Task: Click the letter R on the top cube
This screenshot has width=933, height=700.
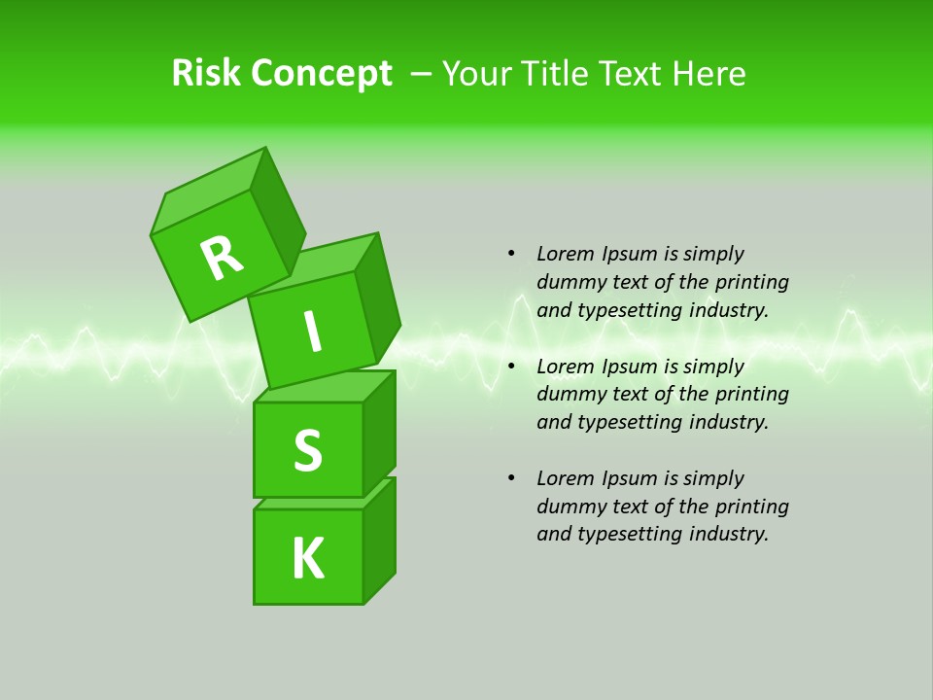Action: (x=222, y=258)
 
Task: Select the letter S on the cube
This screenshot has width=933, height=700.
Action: (x=307, y=450)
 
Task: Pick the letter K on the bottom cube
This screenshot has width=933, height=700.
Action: (x=308, y=559)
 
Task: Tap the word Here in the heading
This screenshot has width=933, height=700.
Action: (x=710, y=73)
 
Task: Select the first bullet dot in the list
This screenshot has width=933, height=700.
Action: (x=510, y=254)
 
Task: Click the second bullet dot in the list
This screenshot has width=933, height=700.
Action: (x=510, y=367)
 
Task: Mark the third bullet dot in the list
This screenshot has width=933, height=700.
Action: (x=510, y=478)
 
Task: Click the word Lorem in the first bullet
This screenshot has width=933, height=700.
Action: (x=564, y=254)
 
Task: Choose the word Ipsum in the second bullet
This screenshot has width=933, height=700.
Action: (x=627, y=367)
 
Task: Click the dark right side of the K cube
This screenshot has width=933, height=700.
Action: (x=380, y=542)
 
